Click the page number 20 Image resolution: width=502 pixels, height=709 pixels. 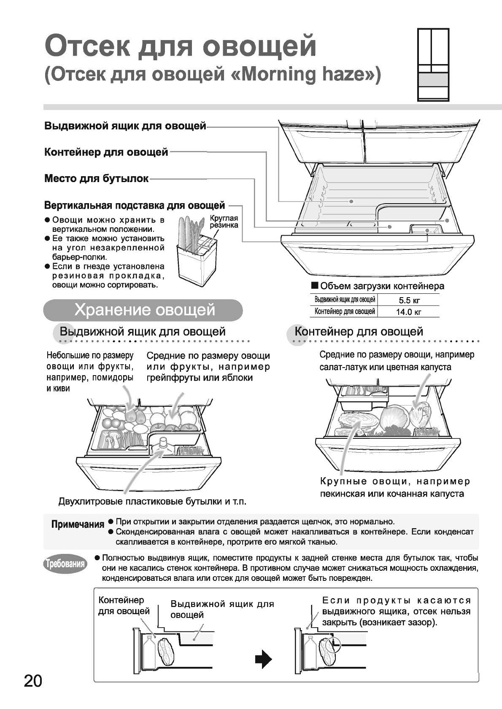pyautogui.click(x=33, y=681)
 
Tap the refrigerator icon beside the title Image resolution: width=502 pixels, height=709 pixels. pyautogui.click(x=433, y=64)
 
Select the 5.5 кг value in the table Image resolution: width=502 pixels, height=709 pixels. pyautogui.click(x=409, y=301)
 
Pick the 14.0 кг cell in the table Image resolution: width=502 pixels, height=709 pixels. pyautogui.click(x=408, y=312)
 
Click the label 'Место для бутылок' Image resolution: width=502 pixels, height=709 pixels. pyautogui.click(x=96, y=179)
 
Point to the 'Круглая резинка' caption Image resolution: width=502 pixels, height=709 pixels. pyautogui.click(x=224, y=221)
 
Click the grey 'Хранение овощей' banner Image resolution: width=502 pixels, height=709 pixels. pyautogui.click(x=143, y=310)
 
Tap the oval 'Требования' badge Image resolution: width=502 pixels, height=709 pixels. pyautogui.click(x=65, y=564)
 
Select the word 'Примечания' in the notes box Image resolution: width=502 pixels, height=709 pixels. pyautogui.click(x=78, y=524)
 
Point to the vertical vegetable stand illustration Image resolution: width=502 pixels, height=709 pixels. pyautogui.click(x=196, y=253)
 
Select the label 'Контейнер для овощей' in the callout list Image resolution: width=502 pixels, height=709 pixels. pyautogui.click(x=106, y=152)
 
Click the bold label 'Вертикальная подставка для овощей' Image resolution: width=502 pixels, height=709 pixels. pyautogui.click(x=135, y=206)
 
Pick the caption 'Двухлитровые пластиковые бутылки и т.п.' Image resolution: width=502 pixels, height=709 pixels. pyautogui.click(x=152, y=501)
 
